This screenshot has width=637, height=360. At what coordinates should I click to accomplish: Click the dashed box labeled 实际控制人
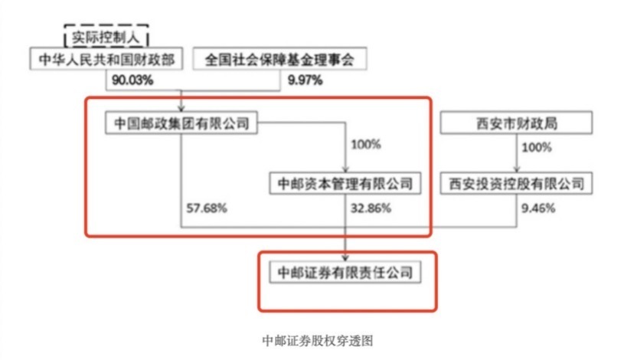coord(106,37)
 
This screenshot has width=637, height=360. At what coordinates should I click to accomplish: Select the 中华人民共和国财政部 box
coord(106,59)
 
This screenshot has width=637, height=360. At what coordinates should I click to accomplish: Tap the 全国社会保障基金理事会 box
coord(280,59)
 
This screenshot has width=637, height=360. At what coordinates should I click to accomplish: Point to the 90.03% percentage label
coord(132,80)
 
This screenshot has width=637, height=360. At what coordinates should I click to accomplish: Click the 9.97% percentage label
coord(305,80)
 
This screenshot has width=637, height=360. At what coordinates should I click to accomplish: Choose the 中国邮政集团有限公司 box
coord(181,123)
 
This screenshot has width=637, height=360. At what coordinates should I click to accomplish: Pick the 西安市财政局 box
coord(516,123)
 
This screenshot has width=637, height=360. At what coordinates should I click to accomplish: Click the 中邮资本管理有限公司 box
coord(345,183)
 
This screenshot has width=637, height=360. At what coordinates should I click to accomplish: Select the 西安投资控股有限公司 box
coord(516,183)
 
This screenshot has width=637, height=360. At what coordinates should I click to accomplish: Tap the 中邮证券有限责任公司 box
coord(345,272)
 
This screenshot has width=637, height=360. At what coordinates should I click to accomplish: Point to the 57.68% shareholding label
coord(207,208)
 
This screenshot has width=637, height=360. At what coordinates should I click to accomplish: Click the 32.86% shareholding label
coord(371,208)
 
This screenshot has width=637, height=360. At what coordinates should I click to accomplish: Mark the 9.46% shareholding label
coord(538,208)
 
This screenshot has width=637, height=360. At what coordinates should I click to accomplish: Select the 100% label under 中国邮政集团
coord(366,144)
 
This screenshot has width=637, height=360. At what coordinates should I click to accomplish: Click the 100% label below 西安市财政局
coord(537,147)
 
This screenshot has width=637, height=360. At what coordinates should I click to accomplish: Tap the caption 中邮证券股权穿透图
coord(318,341)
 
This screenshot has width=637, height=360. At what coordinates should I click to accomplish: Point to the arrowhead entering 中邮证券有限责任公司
coord(345,258)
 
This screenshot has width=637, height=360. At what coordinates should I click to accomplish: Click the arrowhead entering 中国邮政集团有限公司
coord(181,108)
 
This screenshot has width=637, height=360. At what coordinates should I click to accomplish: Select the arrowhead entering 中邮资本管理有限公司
coord(345,169)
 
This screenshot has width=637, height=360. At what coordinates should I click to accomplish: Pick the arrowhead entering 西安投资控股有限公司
coord(517,169)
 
